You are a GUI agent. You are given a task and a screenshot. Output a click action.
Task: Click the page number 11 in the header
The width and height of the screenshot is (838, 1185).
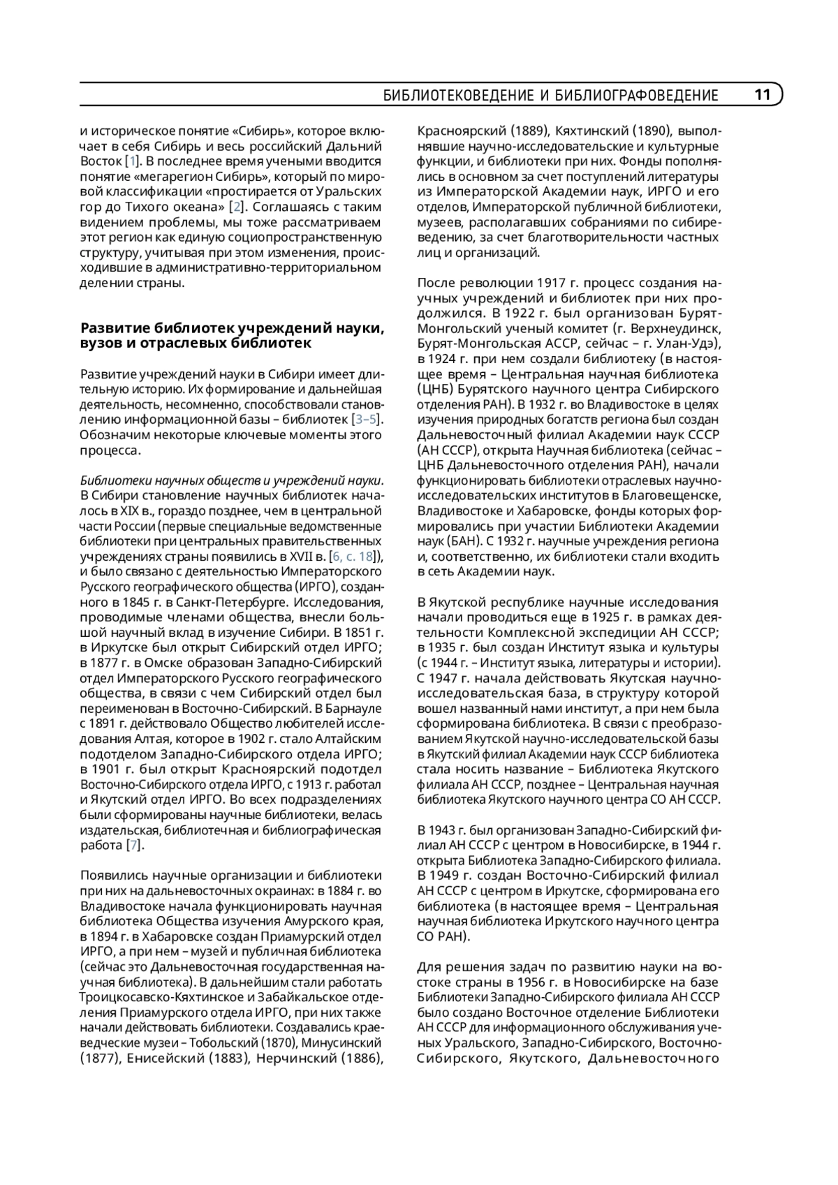coord(762,95)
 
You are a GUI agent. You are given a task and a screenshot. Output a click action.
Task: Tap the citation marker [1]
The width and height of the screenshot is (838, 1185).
coord(131,161)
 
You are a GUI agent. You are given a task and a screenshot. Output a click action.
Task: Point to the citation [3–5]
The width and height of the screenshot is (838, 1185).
coord(367,419)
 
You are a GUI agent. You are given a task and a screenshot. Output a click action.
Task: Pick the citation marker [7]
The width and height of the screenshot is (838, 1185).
coord(133,845)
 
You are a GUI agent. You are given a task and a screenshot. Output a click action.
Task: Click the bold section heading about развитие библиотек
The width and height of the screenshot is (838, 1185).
coord(232,335)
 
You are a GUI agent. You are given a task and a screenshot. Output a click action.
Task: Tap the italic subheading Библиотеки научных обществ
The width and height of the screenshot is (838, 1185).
coord(232,480)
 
